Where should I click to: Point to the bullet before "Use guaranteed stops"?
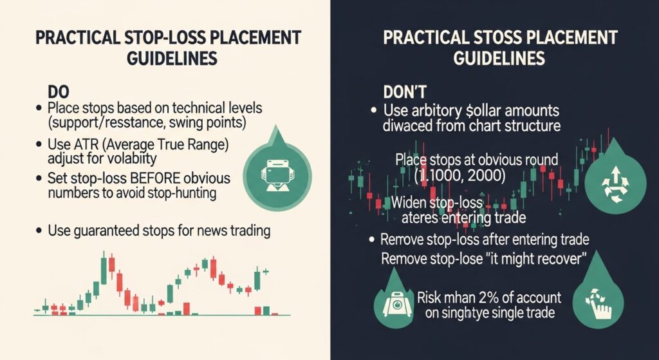[x=40, y=230]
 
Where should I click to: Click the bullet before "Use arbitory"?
[x=373, y=110]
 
